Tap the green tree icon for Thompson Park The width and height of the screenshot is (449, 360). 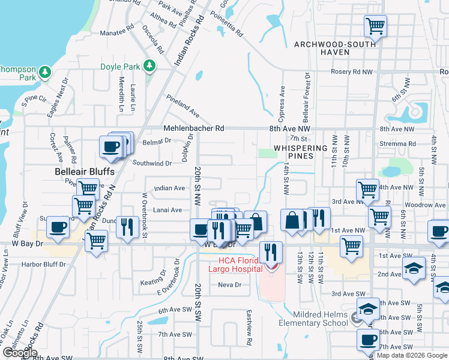coord(44,73)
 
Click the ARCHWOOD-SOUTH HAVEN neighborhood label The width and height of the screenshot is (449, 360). coord(334,48)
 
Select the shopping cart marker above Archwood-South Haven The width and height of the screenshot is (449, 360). coord(375,26)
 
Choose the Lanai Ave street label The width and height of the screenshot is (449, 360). coord(167,210)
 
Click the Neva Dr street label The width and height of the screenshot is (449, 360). coord(229,284)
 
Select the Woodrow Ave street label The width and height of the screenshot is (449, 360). coord(424,205)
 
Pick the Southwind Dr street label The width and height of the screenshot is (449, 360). coord(152,163)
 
